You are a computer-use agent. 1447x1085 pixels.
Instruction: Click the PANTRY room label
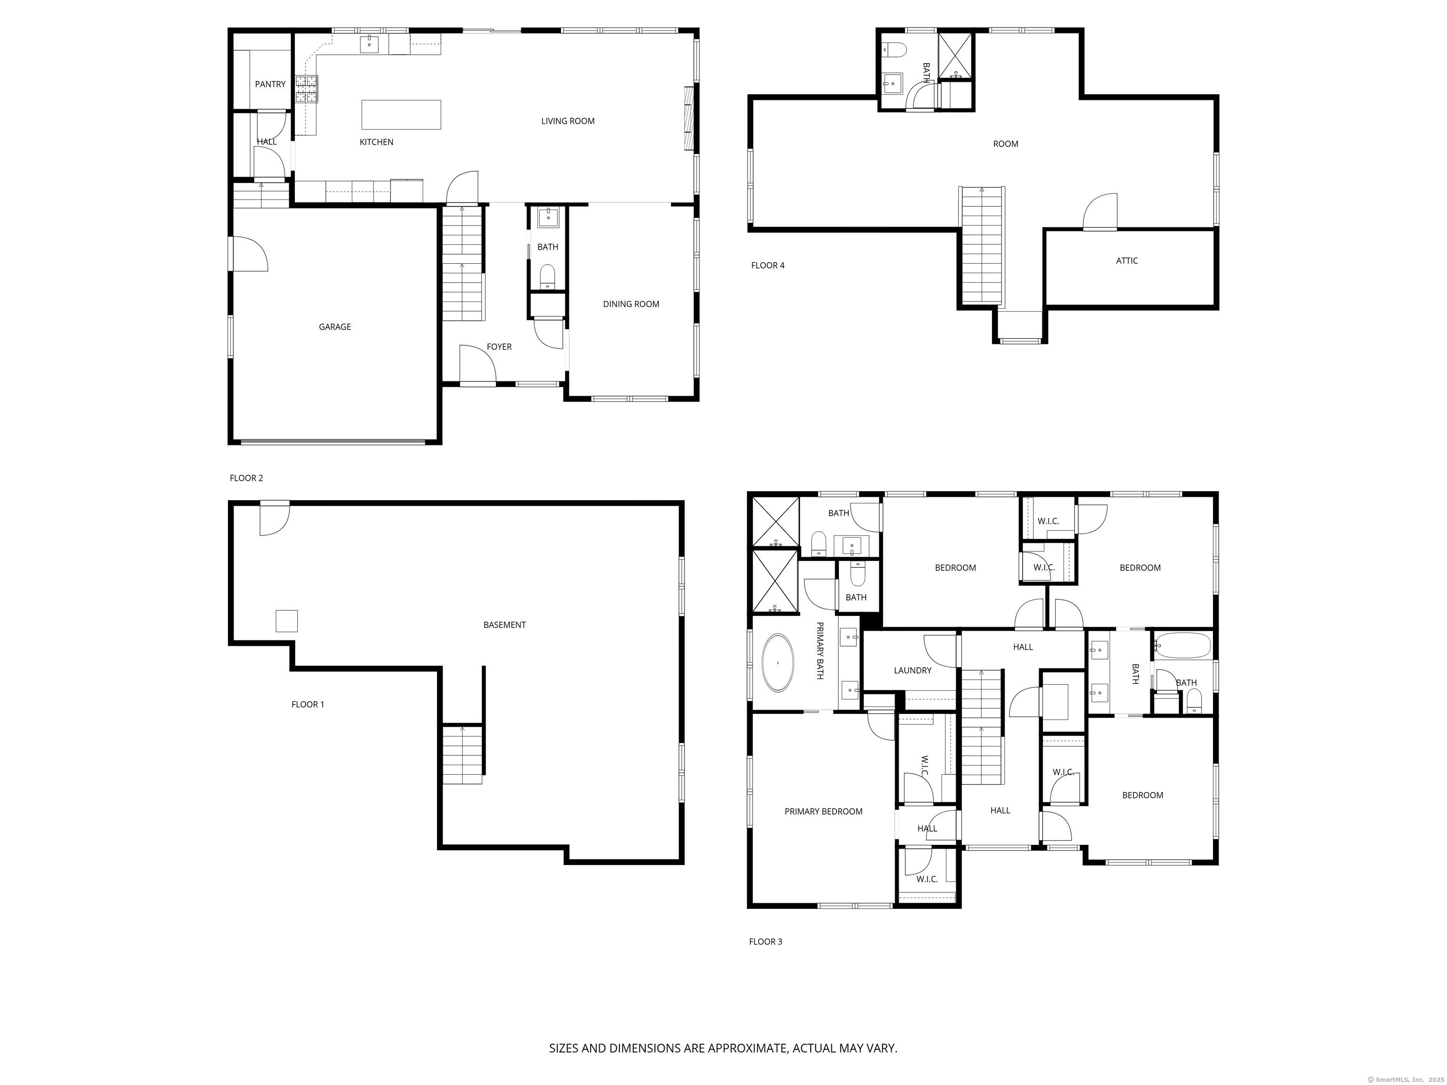pos(270,84)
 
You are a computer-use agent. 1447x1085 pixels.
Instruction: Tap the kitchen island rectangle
pos(401,114)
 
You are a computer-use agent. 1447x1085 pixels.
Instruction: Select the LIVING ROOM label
pos(567,121)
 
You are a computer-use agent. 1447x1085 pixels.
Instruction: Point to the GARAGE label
pos(334,327)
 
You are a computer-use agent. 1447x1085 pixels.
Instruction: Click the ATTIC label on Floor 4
pos(1126,261)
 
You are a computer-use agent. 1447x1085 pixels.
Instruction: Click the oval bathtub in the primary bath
pos(778,663)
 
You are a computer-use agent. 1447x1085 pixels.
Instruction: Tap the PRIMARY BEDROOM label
pos(823,811)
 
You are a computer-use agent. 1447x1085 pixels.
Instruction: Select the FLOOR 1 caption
pos(308,704)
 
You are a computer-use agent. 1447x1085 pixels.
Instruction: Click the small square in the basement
pos(286,621)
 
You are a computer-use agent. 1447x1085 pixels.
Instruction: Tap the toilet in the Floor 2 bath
pos(547,276)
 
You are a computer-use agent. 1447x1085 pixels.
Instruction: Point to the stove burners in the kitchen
pos(306,89)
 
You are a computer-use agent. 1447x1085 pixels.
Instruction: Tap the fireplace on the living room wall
pos(688,118)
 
